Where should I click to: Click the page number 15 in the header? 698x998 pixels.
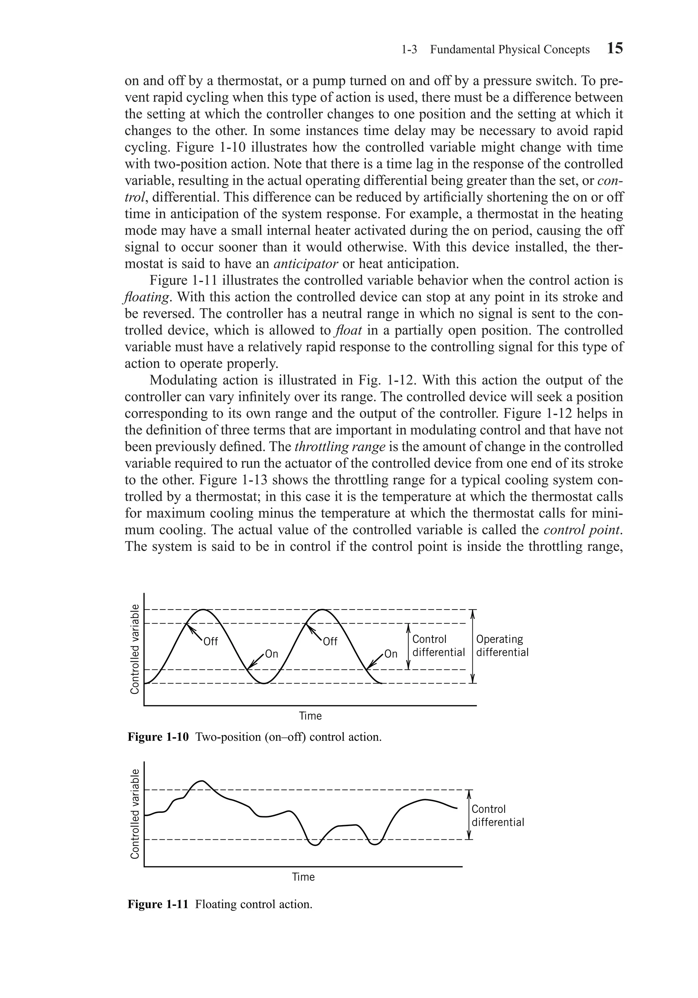[x=614, y=48]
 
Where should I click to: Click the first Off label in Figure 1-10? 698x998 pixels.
[x=210, y=642]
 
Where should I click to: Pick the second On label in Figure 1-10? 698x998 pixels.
[x=391, y=654]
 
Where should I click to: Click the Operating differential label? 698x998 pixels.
[x=502, y=645]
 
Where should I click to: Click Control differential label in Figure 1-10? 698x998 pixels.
[x=438, y=645]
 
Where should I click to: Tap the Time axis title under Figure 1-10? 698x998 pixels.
[x=310, y=716]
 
